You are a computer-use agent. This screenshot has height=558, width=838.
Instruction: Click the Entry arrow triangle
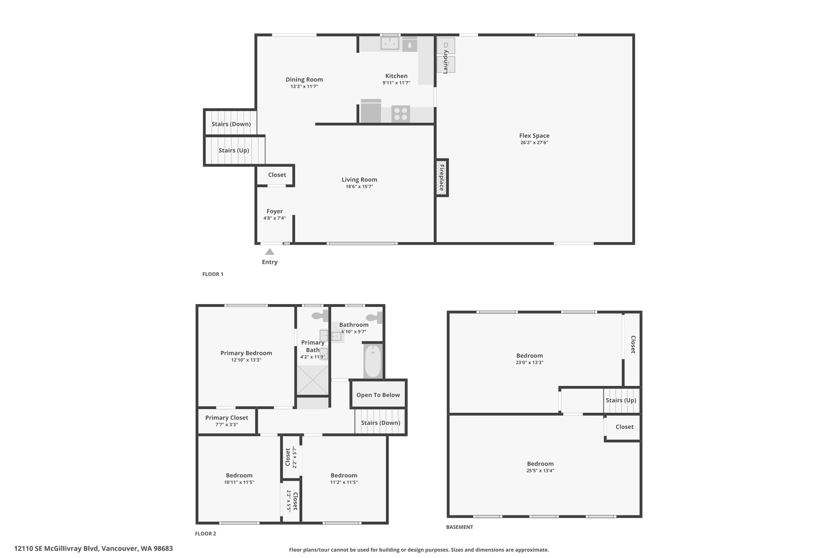(270, 252)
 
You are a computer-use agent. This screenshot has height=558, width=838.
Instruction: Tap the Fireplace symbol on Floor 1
(442, 177)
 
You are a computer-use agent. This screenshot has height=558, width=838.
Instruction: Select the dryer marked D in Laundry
(446, 46)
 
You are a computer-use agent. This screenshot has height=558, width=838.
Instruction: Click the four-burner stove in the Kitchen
(401, 114)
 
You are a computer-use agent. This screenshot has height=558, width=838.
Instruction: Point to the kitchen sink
(390, 43)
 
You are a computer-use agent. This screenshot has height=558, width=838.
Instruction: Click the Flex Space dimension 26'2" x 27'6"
(534, 143)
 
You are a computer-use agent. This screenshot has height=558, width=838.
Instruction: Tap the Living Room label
(359, 179)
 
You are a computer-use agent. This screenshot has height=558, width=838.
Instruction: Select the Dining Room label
(304, 80)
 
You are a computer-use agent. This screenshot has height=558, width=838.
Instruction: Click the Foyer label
(275, 211)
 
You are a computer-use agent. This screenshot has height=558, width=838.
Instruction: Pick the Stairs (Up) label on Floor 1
(234, 150)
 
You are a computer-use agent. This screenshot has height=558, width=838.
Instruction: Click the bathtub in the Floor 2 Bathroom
(373, 361)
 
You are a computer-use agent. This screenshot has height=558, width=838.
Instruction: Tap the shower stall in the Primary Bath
(313, 380)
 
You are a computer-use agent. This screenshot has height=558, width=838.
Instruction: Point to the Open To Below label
(378, 395)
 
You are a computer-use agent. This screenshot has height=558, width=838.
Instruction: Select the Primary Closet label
(227, 418)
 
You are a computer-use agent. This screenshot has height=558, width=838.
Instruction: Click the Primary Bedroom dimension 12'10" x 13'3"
(246, 360)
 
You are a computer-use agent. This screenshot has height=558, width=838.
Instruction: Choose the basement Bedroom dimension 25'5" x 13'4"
(541, 471)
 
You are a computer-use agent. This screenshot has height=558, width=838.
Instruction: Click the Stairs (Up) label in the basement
(621, 400)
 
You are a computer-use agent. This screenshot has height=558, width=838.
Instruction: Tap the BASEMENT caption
(460, 527)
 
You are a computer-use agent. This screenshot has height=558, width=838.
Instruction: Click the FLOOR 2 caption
(205, 533)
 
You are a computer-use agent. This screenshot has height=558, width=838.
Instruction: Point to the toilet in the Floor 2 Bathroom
(374, 317)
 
